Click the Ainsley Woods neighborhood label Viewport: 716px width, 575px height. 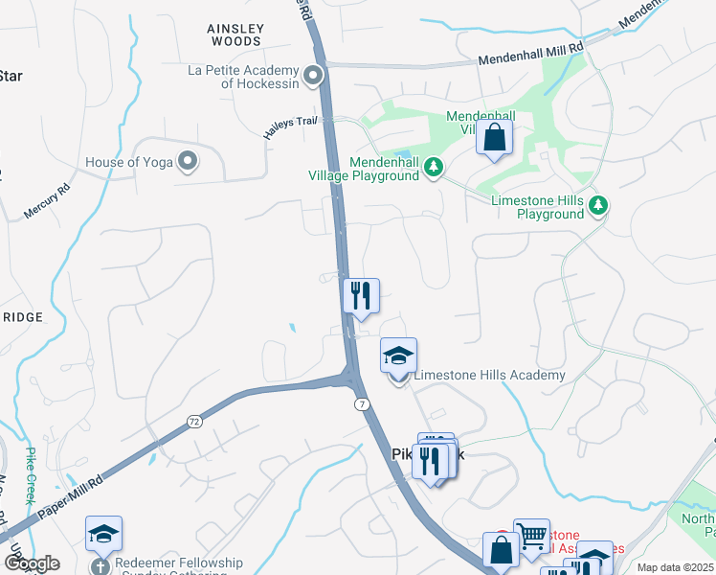coord(235,35)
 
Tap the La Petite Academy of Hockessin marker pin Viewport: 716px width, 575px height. coord(313,75)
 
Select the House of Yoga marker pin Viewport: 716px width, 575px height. coord(188,162)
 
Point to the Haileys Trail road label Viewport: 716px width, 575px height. coord(298,126)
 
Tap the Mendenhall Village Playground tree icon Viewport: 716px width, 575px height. coord(435,168)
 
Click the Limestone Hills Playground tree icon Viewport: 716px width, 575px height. coord(598,204)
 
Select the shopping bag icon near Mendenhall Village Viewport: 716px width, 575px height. coord(494,137)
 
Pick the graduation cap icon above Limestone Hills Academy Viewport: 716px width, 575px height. coord(398,356)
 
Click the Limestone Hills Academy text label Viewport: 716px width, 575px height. coord(488,375)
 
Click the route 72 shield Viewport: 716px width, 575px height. coord(193,421)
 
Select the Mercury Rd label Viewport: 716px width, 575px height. coord(48,201)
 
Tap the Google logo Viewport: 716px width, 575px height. coord(31,563)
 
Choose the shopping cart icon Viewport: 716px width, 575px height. coord(531,536)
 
